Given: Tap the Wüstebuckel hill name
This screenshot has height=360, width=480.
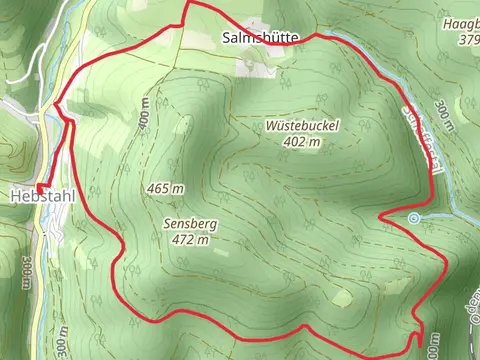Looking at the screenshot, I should point(303,126).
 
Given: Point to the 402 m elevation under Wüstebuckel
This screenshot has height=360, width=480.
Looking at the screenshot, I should point(302,142).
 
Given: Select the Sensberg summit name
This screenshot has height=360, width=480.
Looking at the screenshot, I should point(189,224).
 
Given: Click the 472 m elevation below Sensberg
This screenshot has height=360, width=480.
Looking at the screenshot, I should point(189,240).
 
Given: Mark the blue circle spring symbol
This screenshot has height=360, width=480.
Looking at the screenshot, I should point(414,217).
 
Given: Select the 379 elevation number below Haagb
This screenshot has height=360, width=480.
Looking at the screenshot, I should point(466,39).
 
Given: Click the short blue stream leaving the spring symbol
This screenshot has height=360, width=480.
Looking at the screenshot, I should point(435,216).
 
